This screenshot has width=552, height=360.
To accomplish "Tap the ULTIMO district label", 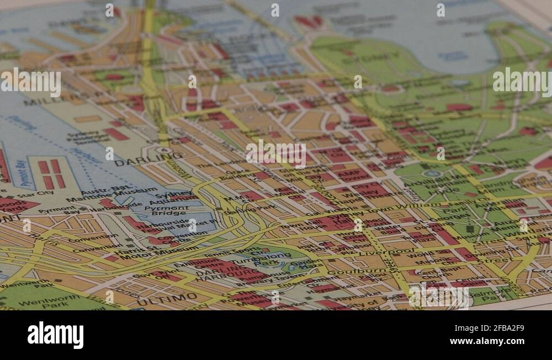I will click(x=167, y=299).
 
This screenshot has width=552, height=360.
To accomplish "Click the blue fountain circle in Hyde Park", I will click(x=432, y=173).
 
